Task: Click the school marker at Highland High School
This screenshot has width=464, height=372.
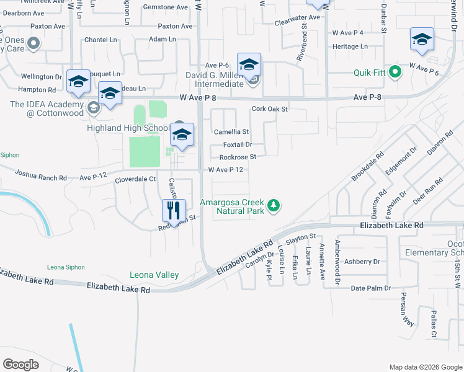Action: pos(181,135)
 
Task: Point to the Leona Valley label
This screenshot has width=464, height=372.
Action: pos(154,275)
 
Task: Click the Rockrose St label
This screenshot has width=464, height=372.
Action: pos(238,157)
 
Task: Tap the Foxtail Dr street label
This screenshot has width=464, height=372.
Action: pos(236,144)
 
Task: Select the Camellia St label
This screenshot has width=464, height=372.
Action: pos(231,132)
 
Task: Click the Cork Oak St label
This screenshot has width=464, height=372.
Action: pos(270,109)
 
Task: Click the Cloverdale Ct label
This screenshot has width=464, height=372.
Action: pos(135,179)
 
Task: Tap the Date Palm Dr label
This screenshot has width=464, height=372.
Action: pos(370,288)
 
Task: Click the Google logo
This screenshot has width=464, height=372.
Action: pos(21,365)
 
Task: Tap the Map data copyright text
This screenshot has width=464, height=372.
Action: pos(425,367)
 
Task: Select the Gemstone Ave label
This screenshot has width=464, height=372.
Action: pos(165,7)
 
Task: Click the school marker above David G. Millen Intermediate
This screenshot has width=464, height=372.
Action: pos(249,64)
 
